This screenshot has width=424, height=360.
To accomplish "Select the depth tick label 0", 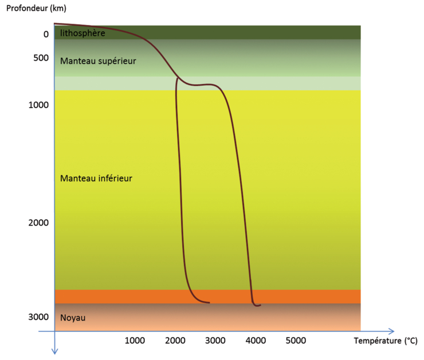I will click(46, 34).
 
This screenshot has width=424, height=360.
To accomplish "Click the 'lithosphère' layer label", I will click(83, 33).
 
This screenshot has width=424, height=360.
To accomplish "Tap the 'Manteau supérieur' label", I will click(98, 60).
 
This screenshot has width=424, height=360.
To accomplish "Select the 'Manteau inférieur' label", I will click(96, 179).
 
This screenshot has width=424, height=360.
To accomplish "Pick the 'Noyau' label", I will click(73, 318).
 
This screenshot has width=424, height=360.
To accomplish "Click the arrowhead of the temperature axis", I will click(391, 331).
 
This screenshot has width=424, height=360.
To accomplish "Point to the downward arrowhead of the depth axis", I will click(54, 351).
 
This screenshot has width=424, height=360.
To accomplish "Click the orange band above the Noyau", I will click(207, 296).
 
